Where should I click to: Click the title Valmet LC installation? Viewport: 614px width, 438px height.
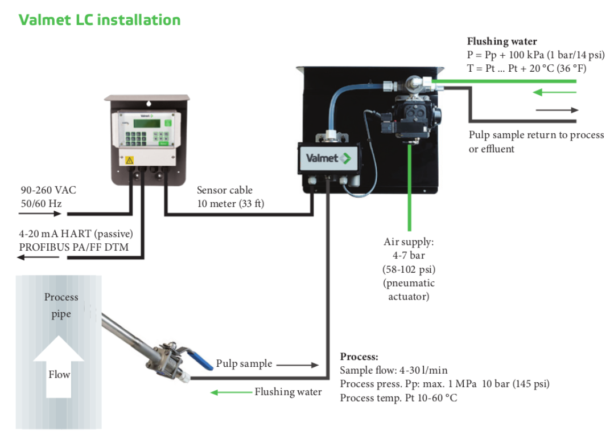point(100,20)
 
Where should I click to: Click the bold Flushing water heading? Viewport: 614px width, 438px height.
point(501,42)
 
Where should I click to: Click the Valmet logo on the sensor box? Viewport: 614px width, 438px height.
point(328,158)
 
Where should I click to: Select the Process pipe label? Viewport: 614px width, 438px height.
point(61,305)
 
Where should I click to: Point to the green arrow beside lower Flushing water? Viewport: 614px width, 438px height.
point(231,392)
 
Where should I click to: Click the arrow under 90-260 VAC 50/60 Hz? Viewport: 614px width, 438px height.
point(39,214)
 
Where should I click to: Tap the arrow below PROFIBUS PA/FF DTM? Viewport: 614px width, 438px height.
point(38,258)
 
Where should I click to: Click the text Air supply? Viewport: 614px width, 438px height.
point(409,242)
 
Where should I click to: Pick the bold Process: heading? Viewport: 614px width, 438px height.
point(359,357)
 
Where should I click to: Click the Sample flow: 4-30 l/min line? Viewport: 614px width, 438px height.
point(393,370)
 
